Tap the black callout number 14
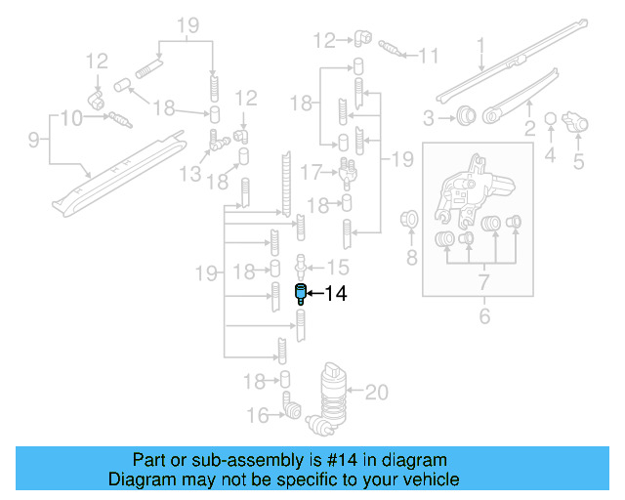(335, 293)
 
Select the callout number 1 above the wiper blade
(480, 46)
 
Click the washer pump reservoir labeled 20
(333, 395)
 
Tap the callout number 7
(481, 283)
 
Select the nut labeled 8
(410, 220)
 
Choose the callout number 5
(578, 161)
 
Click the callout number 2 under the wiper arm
(530, 129)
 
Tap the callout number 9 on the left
(33, 141)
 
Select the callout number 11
(429, 56)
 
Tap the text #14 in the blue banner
(310, 460)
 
